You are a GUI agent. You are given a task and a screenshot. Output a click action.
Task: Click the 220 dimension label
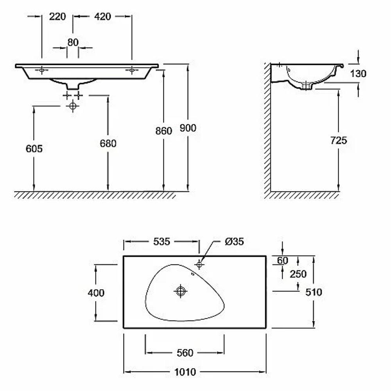tap(57, 17)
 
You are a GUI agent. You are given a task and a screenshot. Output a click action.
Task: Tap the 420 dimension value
tap(102, 17)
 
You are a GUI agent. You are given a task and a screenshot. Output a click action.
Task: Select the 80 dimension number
tap(73, 42)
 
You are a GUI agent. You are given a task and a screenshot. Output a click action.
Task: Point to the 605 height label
tap(34, 149)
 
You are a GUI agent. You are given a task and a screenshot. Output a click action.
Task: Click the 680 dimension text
tap(108, 143)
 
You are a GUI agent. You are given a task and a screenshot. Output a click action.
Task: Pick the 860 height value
tap(163, 131)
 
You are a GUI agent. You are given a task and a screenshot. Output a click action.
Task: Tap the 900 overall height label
tap(188, 128)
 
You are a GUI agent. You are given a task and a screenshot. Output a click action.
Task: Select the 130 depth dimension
tap(358, 74)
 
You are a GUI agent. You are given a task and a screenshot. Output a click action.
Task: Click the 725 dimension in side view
tap(339, 140)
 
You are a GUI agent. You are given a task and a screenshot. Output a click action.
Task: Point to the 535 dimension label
tap(161, 241)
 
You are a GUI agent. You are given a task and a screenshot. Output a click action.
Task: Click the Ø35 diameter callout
tap(234, 241)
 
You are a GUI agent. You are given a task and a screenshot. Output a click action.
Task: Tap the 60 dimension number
tap(283, 260)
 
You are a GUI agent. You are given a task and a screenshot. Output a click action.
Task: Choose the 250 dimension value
tap(298, 274)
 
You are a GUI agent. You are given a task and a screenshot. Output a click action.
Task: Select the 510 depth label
tap(314, 292)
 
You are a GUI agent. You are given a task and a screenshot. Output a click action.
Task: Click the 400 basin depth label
tap(96, 293)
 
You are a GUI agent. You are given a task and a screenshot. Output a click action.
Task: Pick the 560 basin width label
tap(185, 353)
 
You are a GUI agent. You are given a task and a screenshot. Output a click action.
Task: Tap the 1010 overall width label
tap(185, 372)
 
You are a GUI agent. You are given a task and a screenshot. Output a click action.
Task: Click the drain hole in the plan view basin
tap(181, 291)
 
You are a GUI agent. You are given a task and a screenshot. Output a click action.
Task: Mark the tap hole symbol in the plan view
tap(199, 264)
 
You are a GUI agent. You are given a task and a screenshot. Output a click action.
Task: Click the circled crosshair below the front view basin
tap(73, 106)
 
